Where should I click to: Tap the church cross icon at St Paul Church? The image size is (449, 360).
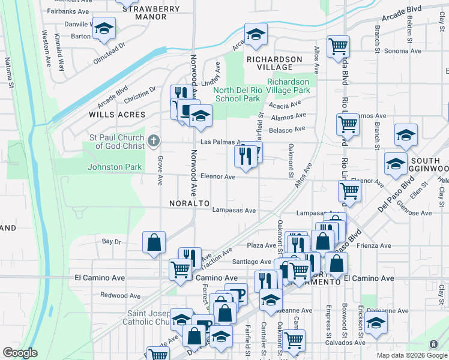(x=154, y=140)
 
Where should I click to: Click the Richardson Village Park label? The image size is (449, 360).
(x=289, y=86)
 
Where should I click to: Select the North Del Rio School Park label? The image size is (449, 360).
(x=238, y=94)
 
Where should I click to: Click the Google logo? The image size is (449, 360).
(x=20, y=352)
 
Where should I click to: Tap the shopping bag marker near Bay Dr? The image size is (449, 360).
(x=154, y=242)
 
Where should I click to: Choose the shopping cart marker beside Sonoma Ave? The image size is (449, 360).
(x=339, y=46)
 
